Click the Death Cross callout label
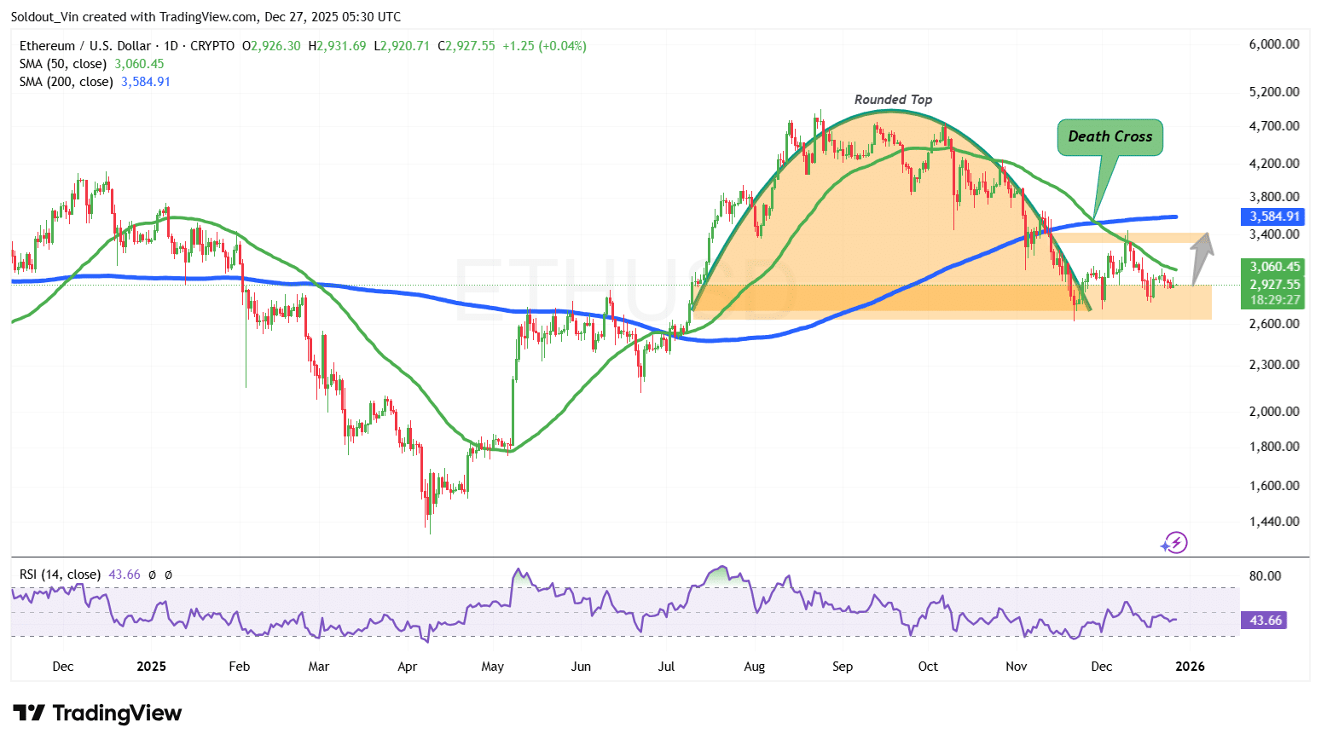pos(1110,136)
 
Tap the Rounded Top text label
pos(893,100)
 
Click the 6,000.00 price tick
pos(1274,44)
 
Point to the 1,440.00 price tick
pos(1274,522)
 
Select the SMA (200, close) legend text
pos(67,82)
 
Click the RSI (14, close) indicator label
pos(60,575)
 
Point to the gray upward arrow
pos(1202,257)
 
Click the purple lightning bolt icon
pos(1176,543)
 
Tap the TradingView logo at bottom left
pos(97,713)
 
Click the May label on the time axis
pos(492,667)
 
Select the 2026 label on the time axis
pos(1190,667)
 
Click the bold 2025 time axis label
pos(151,667)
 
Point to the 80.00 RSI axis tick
pos(1265,576)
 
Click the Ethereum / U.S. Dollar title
pos(85,46)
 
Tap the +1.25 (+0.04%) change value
pos(544,46)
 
